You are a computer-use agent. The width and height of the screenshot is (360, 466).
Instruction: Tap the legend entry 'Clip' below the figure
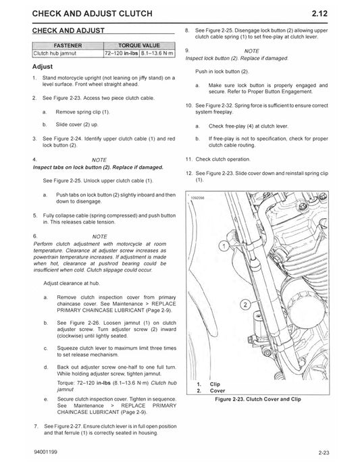pos(215,384)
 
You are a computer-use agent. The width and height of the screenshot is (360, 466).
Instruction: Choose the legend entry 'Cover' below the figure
pos(217,390)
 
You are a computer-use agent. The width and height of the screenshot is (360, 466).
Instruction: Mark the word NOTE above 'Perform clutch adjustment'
pos(100,235)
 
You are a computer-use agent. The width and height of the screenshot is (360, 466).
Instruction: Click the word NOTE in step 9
pos(251,51)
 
